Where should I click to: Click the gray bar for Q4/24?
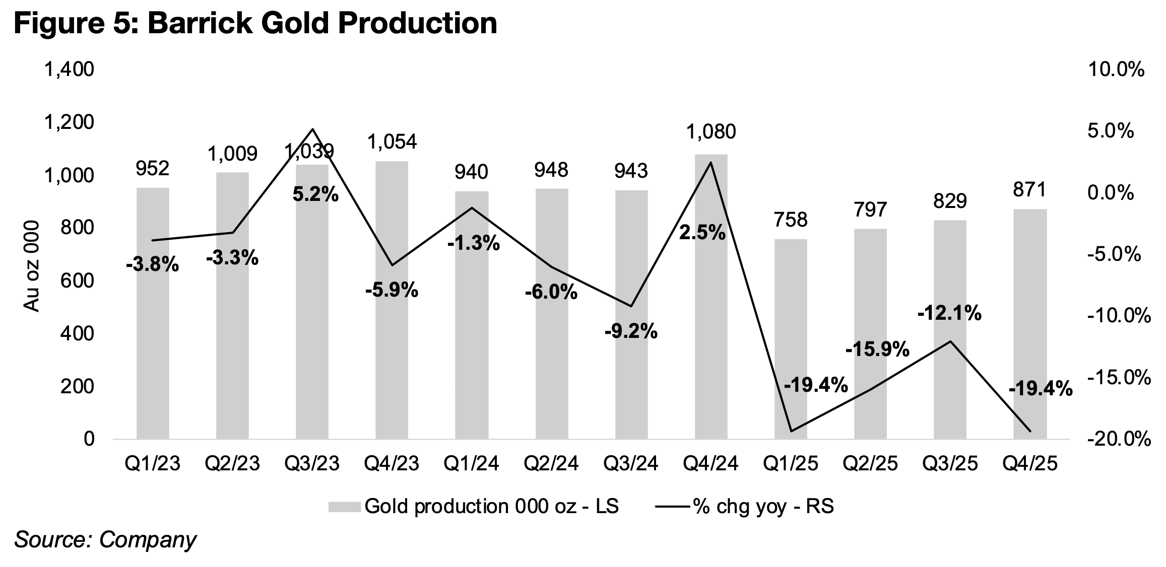(711, 297)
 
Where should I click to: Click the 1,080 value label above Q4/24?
(711, 132)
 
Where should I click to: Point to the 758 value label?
(791, 220)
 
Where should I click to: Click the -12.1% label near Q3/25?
(949, 314)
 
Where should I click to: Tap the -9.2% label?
(631, 331)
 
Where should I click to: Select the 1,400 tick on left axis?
(69, 70)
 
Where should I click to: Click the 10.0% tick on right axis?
(1116, 70)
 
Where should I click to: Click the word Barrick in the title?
(199, 23)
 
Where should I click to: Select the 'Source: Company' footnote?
(105, 540)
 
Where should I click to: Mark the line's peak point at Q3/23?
(312, 129)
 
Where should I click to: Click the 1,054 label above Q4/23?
(392, 142)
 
